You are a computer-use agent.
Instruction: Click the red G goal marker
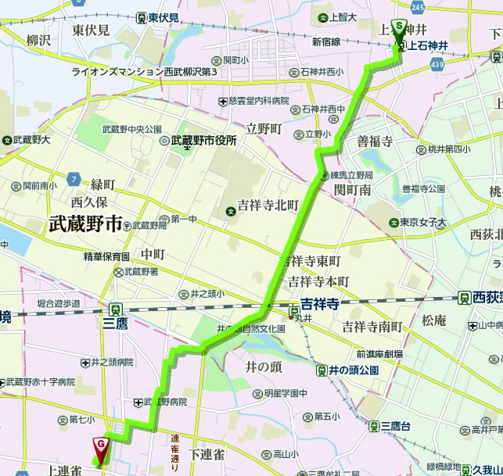pyautogui.click(x=101, y=445)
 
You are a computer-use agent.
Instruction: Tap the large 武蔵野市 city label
pyautogui.click(x=85, y=225)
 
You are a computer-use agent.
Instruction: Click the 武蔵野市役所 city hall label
pyautogui.click(x=204, y=141)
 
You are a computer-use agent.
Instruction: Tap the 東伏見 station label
pyautogui.click(x=163, y=17)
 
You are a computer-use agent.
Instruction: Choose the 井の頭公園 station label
pyautogui.click(x=353, y=370)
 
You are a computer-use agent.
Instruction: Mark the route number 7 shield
pyautogui.click(x=73, y=179)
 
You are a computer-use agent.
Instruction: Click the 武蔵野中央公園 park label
pyautogui.click(x=131, y=129)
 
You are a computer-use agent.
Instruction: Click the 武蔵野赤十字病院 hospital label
pyautogui.click(x=41, y=382)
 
